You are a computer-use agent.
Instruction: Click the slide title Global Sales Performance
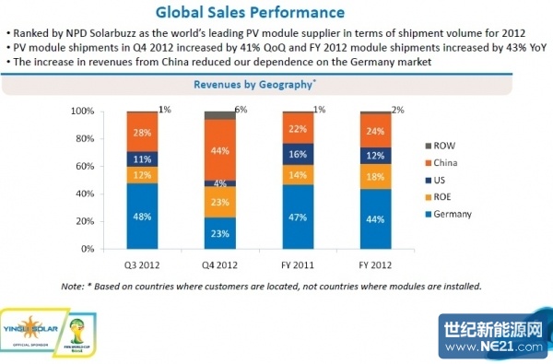click(x=250, y=13)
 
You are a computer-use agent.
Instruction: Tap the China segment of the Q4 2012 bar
click(x=219, y=150)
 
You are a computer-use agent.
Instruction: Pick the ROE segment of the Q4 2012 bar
click(x=219, y=201)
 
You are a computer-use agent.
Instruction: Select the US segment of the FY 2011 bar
click(x=297, y=154)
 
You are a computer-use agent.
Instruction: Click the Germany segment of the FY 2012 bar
click(x=373, y=218)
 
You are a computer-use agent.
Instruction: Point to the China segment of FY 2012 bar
click(x=373, y=131)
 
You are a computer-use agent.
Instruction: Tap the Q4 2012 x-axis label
click(x=219, y=262)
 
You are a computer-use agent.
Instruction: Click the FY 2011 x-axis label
click(x=297, y=262)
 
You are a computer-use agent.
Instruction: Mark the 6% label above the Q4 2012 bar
click(x=241, y=110)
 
